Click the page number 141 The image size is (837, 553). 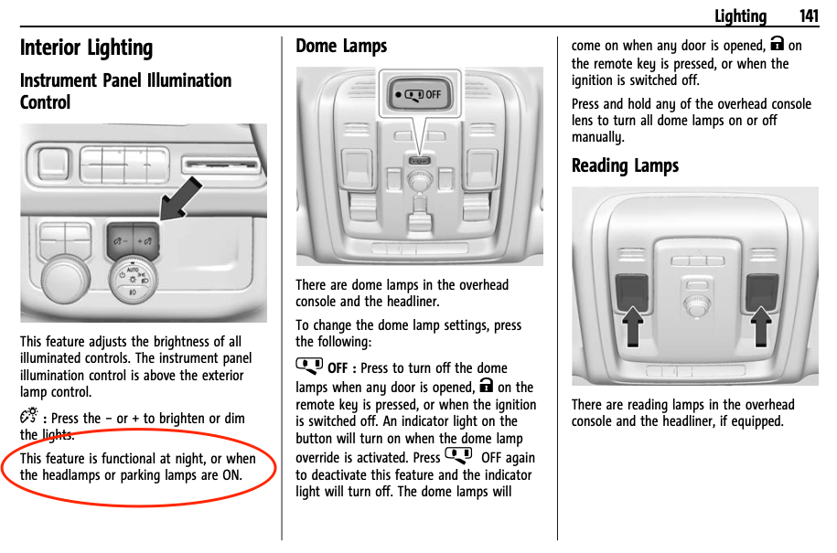click(809, 16)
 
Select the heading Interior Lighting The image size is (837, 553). click(87, 48)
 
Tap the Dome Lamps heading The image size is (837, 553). click(341, 47)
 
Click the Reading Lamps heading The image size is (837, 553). click(625, 165)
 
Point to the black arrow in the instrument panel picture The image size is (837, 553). click(180, 199)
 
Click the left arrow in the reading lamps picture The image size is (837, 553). click(633, 326)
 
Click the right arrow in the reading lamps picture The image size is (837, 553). click(761, 326)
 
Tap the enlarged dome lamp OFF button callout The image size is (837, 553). click(420, 94)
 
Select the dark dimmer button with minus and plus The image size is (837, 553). click(133, 241)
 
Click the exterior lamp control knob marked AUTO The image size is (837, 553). click(133, 281)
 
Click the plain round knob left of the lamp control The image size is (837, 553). click(66, 279)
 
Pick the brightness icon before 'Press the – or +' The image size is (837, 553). click(29, 416)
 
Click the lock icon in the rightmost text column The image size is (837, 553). click(778, 44)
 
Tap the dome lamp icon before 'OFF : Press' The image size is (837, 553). click(309, 367)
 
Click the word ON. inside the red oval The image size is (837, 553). click(232, 475)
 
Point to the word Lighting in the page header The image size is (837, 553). click(741, 16)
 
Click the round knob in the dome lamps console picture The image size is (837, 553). click(420, 180)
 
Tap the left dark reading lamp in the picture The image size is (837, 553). click(633, 292)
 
